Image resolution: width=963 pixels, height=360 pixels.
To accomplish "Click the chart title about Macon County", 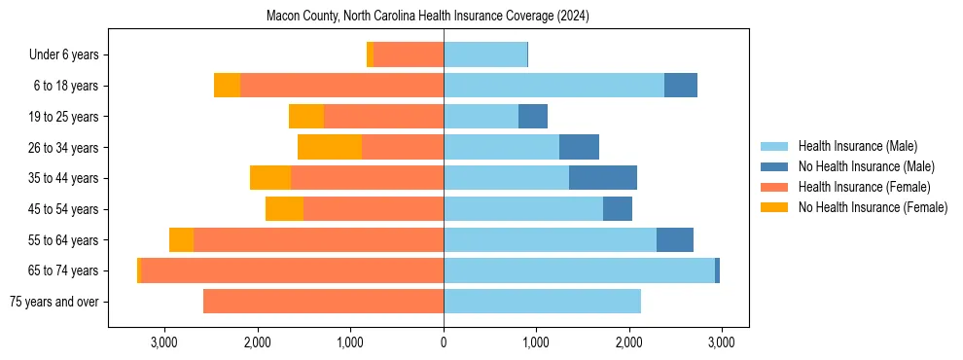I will [x=428, y=17].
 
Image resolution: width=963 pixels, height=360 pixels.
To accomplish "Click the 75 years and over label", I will [x=54, y=302].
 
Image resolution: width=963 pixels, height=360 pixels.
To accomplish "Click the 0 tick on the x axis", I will [x=444, y=342].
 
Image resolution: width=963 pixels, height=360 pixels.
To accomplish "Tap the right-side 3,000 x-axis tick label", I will [x=721, y=342].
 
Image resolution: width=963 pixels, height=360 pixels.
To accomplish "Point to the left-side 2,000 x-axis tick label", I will [x=258, y=342].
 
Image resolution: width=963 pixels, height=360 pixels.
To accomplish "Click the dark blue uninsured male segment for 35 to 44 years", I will [x=603, y=178].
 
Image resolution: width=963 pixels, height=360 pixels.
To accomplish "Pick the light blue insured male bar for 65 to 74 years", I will [x=579, y=270].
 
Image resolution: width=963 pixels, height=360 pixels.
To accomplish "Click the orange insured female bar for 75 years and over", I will [x=323, y=302].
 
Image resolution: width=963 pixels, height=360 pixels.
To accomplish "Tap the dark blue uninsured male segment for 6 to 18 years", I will [x=681, y=86].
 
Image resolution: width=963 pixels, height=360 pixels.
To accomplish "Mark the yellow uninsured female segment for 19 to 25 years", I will [x=306, y=117].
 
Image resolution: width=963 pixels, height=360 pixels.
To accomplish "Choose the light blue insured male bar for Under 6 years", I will [x=485, y=55].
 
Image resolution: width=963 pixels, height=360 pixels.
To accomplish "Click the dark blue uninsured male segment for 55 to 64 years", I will [x=675, y=239].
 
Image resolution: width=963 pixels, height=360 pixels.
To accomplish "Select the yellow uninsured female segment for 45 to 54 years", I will [x=284, y=209].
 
